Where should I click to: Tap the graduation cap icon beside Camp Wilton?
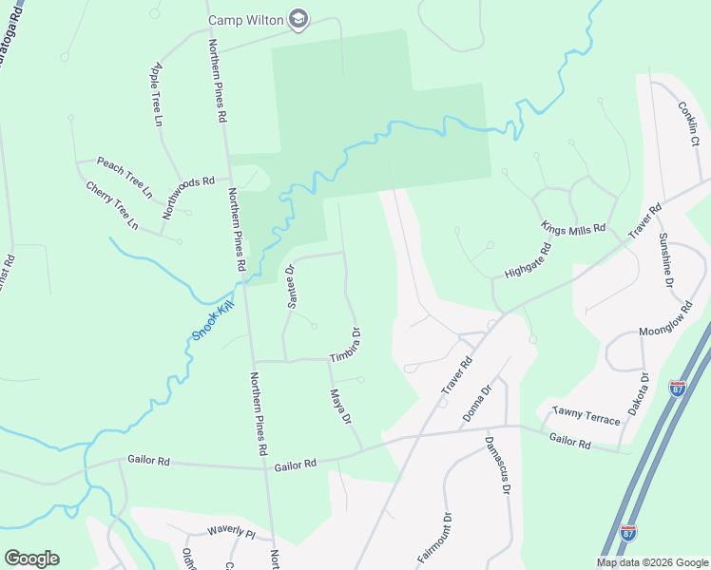pos(298,20)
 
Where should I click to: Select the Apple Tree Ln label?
pos(156,95)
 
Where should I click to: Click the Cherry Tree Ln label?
pos(112,205)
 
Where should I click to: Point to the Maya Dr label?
pos(340,407)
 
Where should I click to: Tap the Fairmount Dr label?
pos(433,539)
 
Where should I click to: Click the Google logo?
pos(30,559)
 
